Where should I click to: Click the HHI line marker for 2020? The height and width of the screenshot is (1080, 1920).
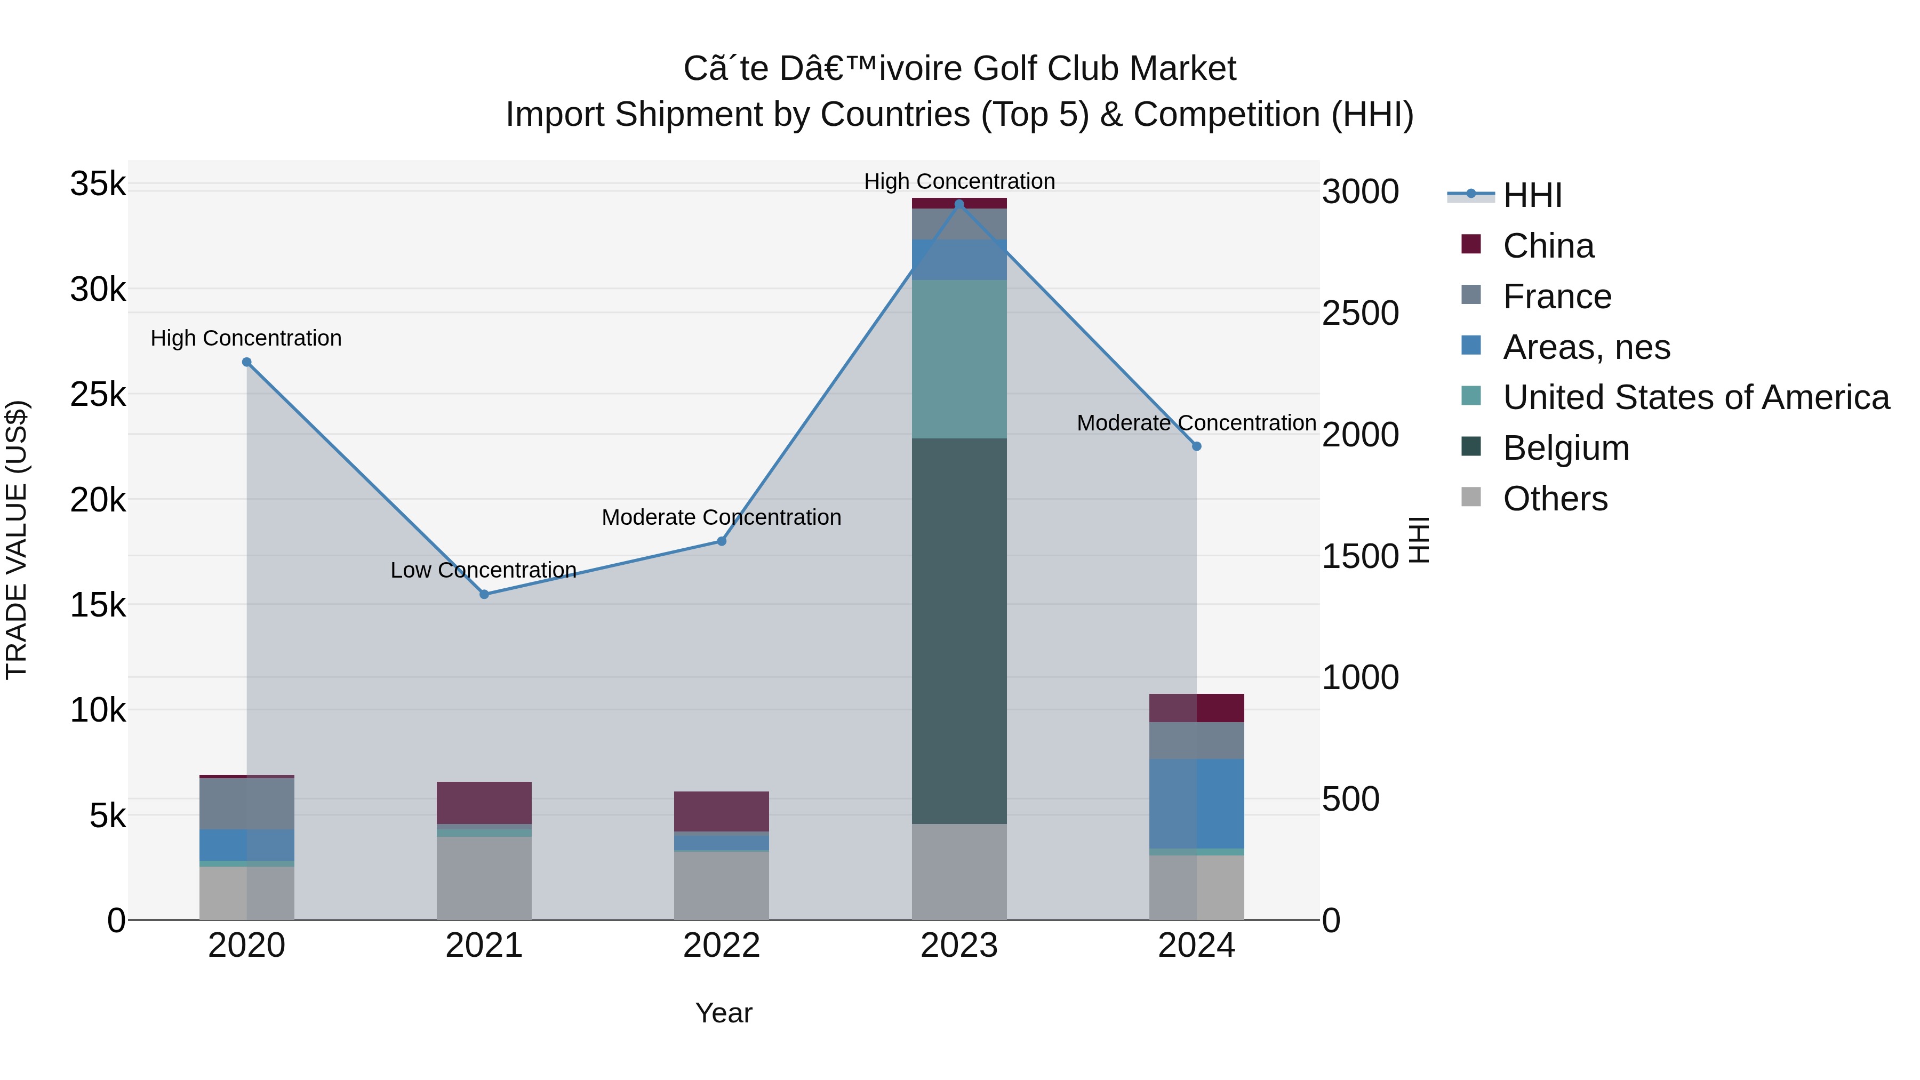pyautogui.click(x=247, y=362)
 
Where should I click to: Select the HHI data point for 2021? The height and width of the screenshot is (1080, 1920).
pyautogui.click(x=484, y=594)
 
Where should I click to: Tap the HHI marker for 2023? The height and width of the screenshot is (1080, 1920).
pyautogui.click(x=959, y=204)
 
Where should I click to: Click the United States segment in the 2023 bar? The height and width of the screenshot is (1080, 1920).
pyautogui.click(x=959, y=359)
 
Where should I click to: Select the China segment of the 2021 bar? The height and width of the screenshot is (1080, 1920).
pyautogui.click(x=484, y=803)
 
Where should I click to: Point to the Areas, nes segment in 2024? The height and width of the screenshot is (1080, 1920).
pyautogui.click(x=1196, y=804)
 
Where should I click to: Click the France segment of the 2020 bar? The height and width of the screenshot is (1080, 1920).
pyautogui.click(x=247, y=804)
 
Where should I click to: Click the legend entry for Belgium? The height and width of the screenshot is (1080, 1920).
pyautogui.click(x=1565, y=448)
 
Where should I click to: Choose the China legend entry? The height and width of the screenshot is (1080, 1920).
pyautogui.click(x=1548, y=246)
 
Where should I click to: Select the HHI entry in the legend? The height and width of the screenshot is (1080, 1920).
pyautogui.click(x=1532, y=195)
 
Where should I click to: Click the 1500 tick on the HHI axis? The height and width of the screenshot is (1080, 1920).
pyautogui.click(x=1360, y=556)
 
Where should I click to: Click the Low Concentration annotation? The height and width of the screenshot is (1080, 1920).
pyautogui.click(x=483, y=570)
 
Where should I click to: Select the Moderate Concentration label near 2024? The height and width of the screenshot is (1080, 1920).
pyautogui.click(x=1196, y=422)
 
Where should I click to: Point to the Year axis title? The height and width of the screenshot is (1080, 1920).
pyautogui.click(x=723, y=1013)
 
